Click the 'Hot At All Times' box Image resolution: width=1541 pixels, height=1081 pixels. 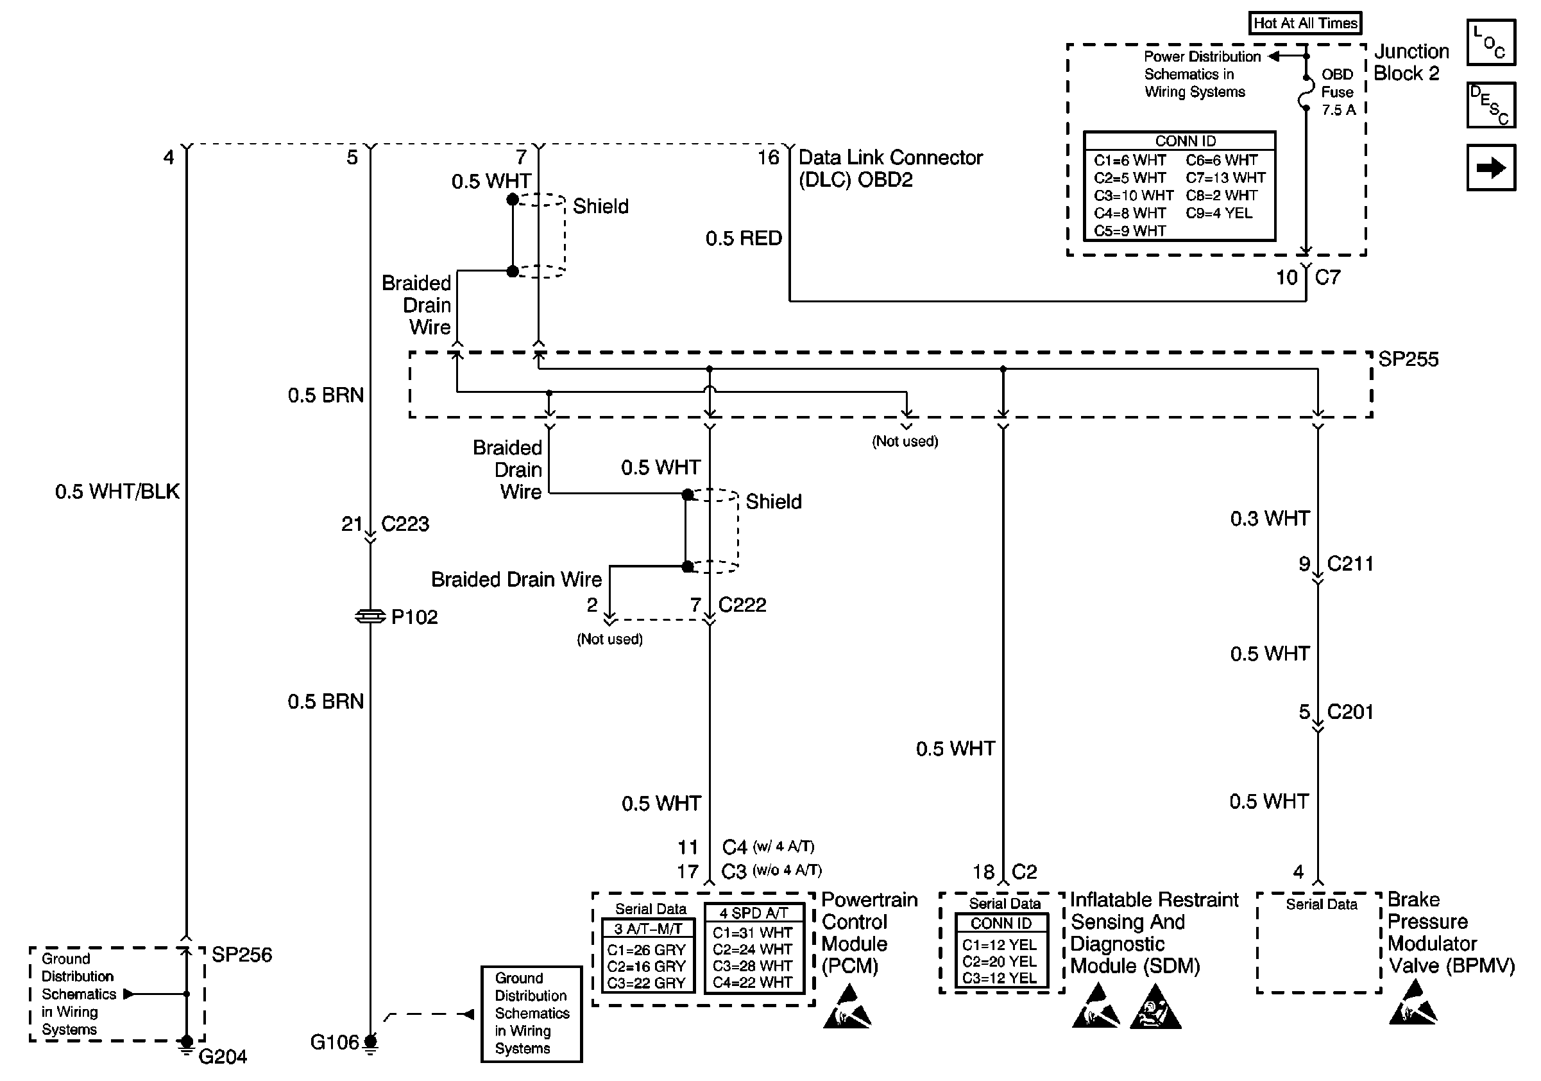tap(1305, 23)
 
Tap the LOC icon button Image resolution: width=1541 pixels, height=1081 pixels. tap(1491, 42)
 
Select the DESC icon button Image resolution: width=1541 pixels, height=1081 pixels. tap(1491, 105)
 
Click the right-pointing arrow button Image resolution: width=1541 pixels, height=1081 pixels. tap(1491, 167)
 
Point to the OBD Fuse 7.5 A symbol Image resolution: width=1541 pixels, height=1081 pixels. tap(1306, 92)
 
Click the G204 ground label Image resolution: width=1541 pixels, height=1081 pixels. tap(222, 1057)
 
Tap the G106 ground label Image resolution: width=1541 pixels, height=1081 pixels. tap(334, 1042)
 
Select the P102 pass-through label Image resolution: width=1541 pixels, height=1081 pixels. tap(414, 617)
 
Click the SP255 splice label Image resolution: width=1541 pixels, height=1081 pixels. tap(1408, 359)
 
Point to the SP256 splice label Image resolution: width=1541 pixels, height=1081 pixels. tap(242, 955)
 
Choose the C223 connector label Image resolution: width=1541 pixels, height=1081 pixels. tap(405, 524)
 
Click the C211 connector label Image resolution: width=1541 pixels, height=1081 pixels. tap(1350, 564)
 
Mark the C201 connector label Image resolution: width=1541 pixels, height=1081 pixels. tap(1350, 712)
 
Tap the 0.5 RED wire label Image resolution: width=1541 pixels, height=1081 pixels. tap(744, 238)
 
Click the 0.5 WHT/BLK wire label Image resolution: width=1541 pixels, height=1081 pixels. tap(117, 492)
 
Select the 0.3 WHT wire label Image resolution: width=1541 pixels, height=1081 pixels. tap(1270, 518)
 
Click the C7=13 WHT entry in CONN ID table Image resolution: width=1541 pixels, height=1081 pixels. tap(1225, 178)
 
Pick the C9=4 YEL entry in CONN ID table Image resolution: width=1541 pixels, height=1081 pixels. tap(1219, 213)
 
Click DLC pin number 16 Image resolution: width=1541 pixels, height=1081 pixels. tap(769, 158)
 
